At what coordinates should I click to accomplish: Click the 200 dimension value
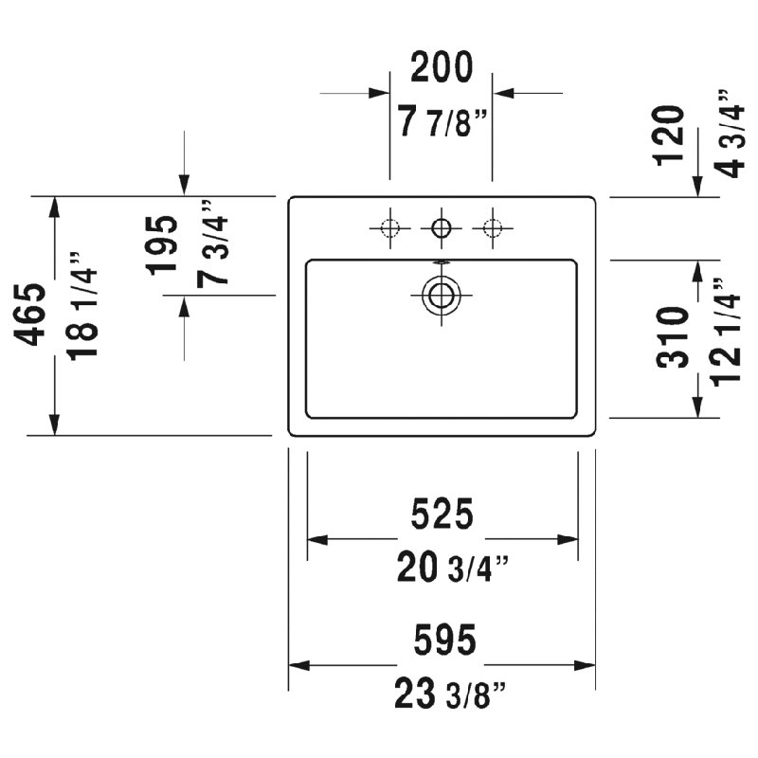coord(442,66)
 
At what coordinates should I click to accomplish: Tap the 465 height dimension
coord(30,315)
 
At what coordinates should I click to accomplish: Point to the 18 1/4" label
coord(82,306)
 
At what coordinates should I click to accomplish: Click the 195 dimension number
coord(162,245)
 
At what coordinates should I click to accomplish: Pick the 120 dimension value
coord(669,135)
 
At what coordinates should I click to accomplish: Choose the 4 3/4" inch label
coord(729,134)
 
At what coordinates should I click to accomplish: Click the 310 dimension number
coord(673,337)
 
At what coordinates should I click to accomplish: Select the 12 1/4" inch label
coord(725,333)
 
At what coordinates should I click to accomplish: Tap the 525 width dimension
coord(442,514)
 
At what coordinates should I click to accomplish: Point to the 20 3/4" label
coord(453,568)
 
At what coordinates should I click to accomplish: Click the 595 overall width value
coord(444,639)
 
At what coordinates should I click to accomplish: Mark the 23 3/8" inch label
coord(450,694)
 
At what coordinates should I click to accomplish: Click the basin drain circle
coord(441,295)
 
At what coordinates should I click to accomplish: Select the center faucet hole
coord(441,227)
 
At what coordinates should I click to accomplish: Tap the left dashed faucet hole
coord(389,227)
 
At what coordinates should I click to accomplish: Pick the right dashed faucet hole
coord(493,227)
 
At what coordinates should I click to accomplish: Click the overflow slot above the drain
coord(441,262)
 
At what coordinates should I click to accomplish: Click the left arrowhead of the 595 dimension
coord(299,666)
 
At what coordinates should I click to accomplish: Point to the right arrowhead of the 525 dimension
coord(568,539)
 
